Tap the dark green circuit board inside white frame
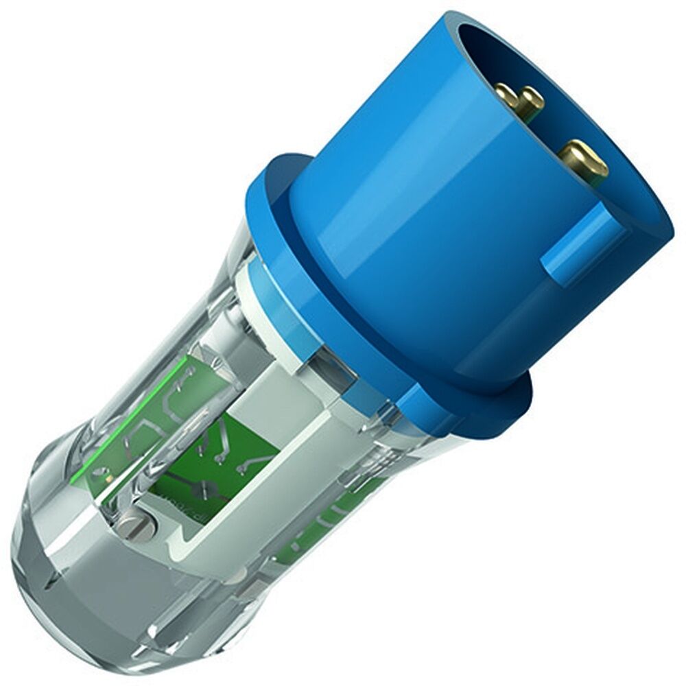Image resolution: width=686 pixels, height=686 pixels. tap(226, 446)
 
